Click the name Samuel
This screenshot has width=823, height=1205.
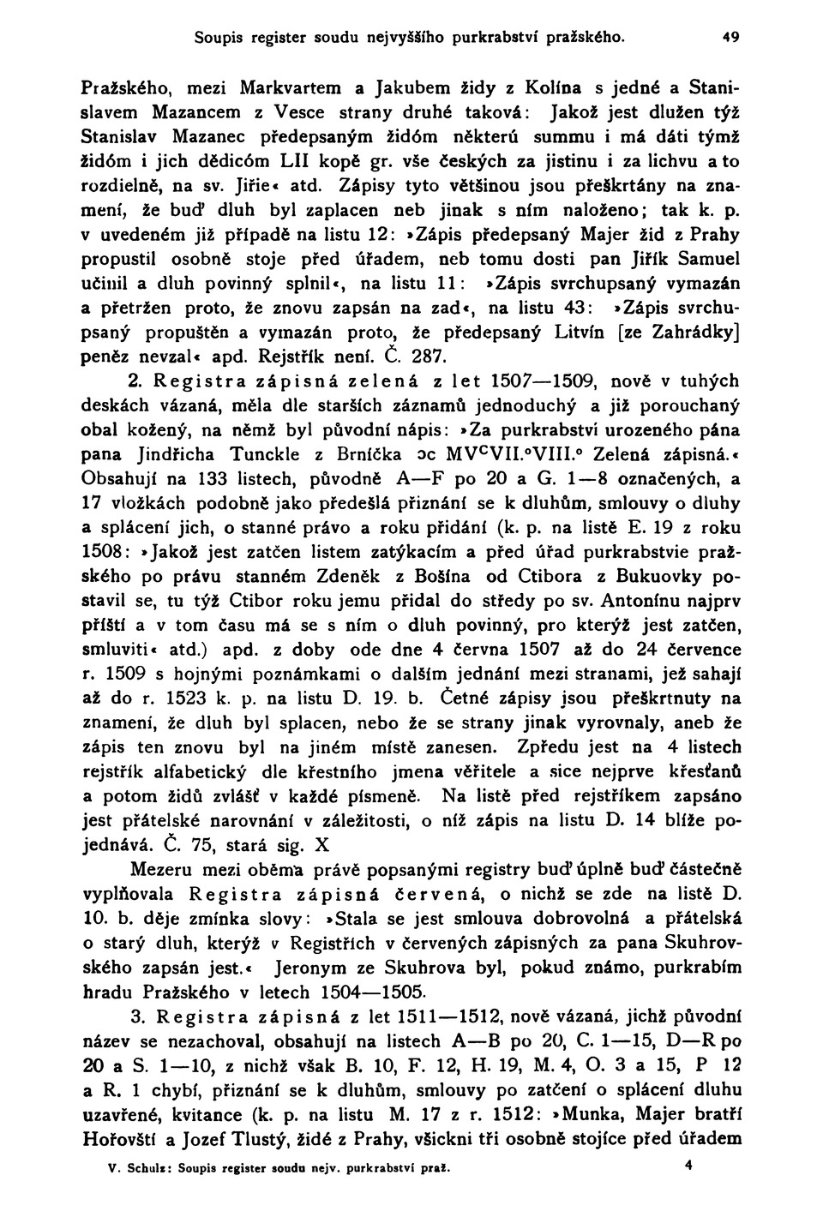pos(703,258)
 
